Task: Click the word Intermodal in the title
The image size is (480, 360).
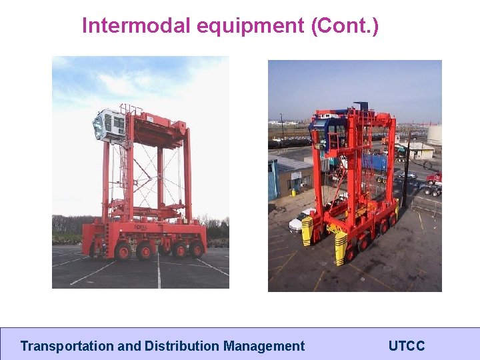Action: click(x=137, y=26)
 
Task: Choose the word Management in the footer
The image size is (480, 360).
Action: click(x=264, y=346)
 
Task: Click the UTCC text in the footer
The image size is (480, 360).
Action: click(x=406, y=346)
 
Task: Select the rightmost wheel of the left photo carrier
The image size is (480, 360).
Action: click(x=196, y=249)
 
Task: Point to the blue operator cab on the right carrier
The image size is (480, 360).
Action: click(x=336, y=131)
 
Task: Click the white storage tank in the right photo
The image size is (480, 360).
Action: click(x=434, y=135)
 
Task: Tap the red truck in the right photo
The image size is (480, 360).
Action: click(x=434, y=179)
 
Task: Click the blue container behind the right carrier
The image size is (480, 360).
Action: click(x=376, y=162)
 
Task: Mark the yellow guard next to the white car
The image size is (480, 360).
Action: click(x=307, y=231)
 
